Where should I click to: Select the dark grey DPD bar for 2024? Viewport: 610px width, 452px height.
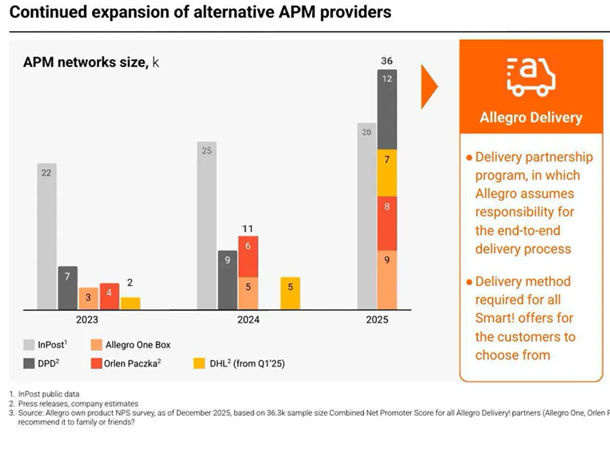pos(227,280)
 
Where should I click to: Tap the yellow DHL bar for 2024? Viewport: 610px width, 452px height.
pos(290,293)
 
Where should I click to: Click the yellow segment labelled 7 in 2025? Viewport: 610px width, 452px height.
pos(386,173)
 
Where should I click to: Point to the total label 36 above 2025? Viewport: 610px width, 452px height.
pos(386,61)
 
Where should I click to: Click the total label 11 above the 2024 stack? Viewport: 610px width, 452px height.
pos(248,228)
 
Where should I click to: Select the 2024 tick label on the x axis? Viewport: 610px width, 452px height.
pos(248,319)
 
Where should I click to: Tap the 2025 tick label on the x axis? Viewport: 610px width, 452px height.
pos(376,319)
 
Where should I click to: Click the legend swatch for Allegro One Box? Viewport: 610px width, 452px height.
pos(97,344)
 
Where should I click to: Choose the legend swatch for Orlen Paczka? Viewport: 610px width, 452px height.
pos(97,363)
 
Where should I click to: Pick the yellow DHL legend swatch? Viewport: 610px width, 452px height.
pos(199,363)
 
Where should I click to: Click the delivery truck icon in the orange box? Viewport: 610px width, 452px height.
pos(531,77)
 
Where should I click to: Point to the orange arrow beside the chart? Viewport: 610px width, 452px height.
pos(429,86)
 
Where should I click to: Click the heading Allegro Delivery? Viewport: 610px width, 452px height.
pos(531,117)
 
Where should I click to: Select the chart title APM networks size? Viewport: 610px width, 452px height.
pos(86,62)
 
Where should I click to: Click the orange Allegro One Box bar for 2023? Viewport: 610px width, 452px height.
pos(89,298)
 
